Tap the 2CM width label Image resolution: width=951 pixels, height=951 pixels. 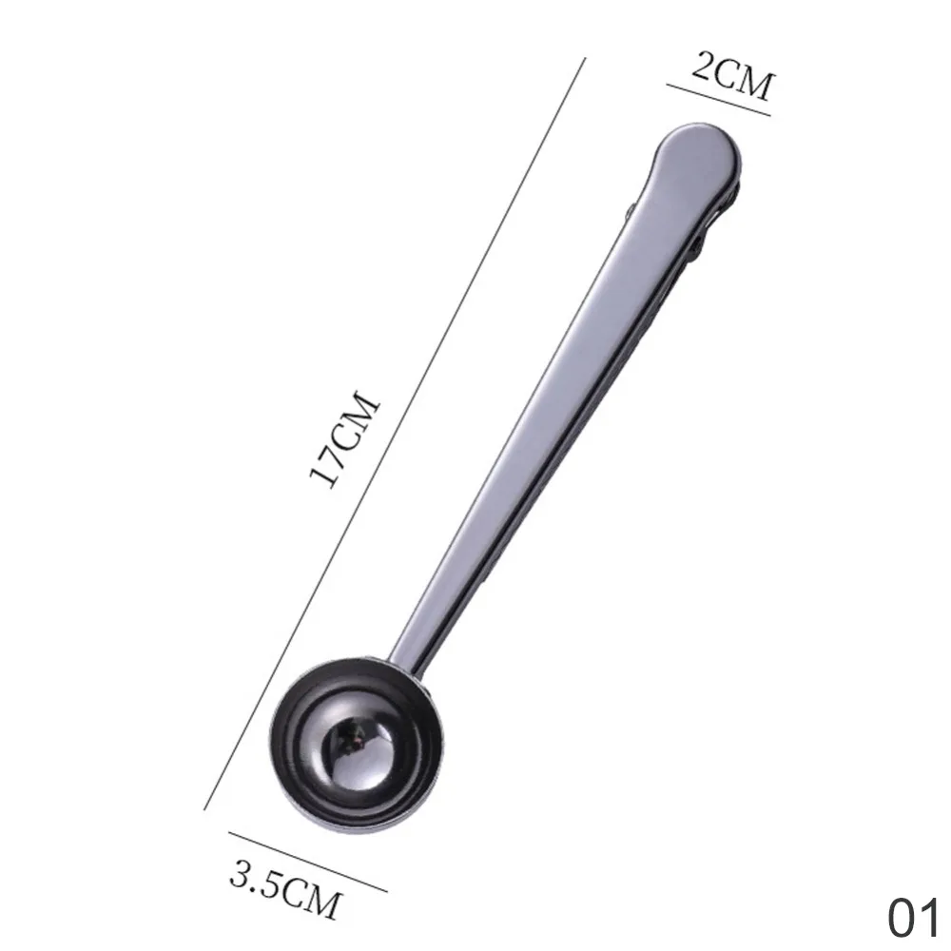coord(732,74)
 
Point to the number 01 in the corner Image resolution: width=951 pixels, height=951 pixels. coord(913,917)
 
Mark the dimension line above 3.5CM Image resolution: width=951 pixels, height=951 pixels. coord(308,862)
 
